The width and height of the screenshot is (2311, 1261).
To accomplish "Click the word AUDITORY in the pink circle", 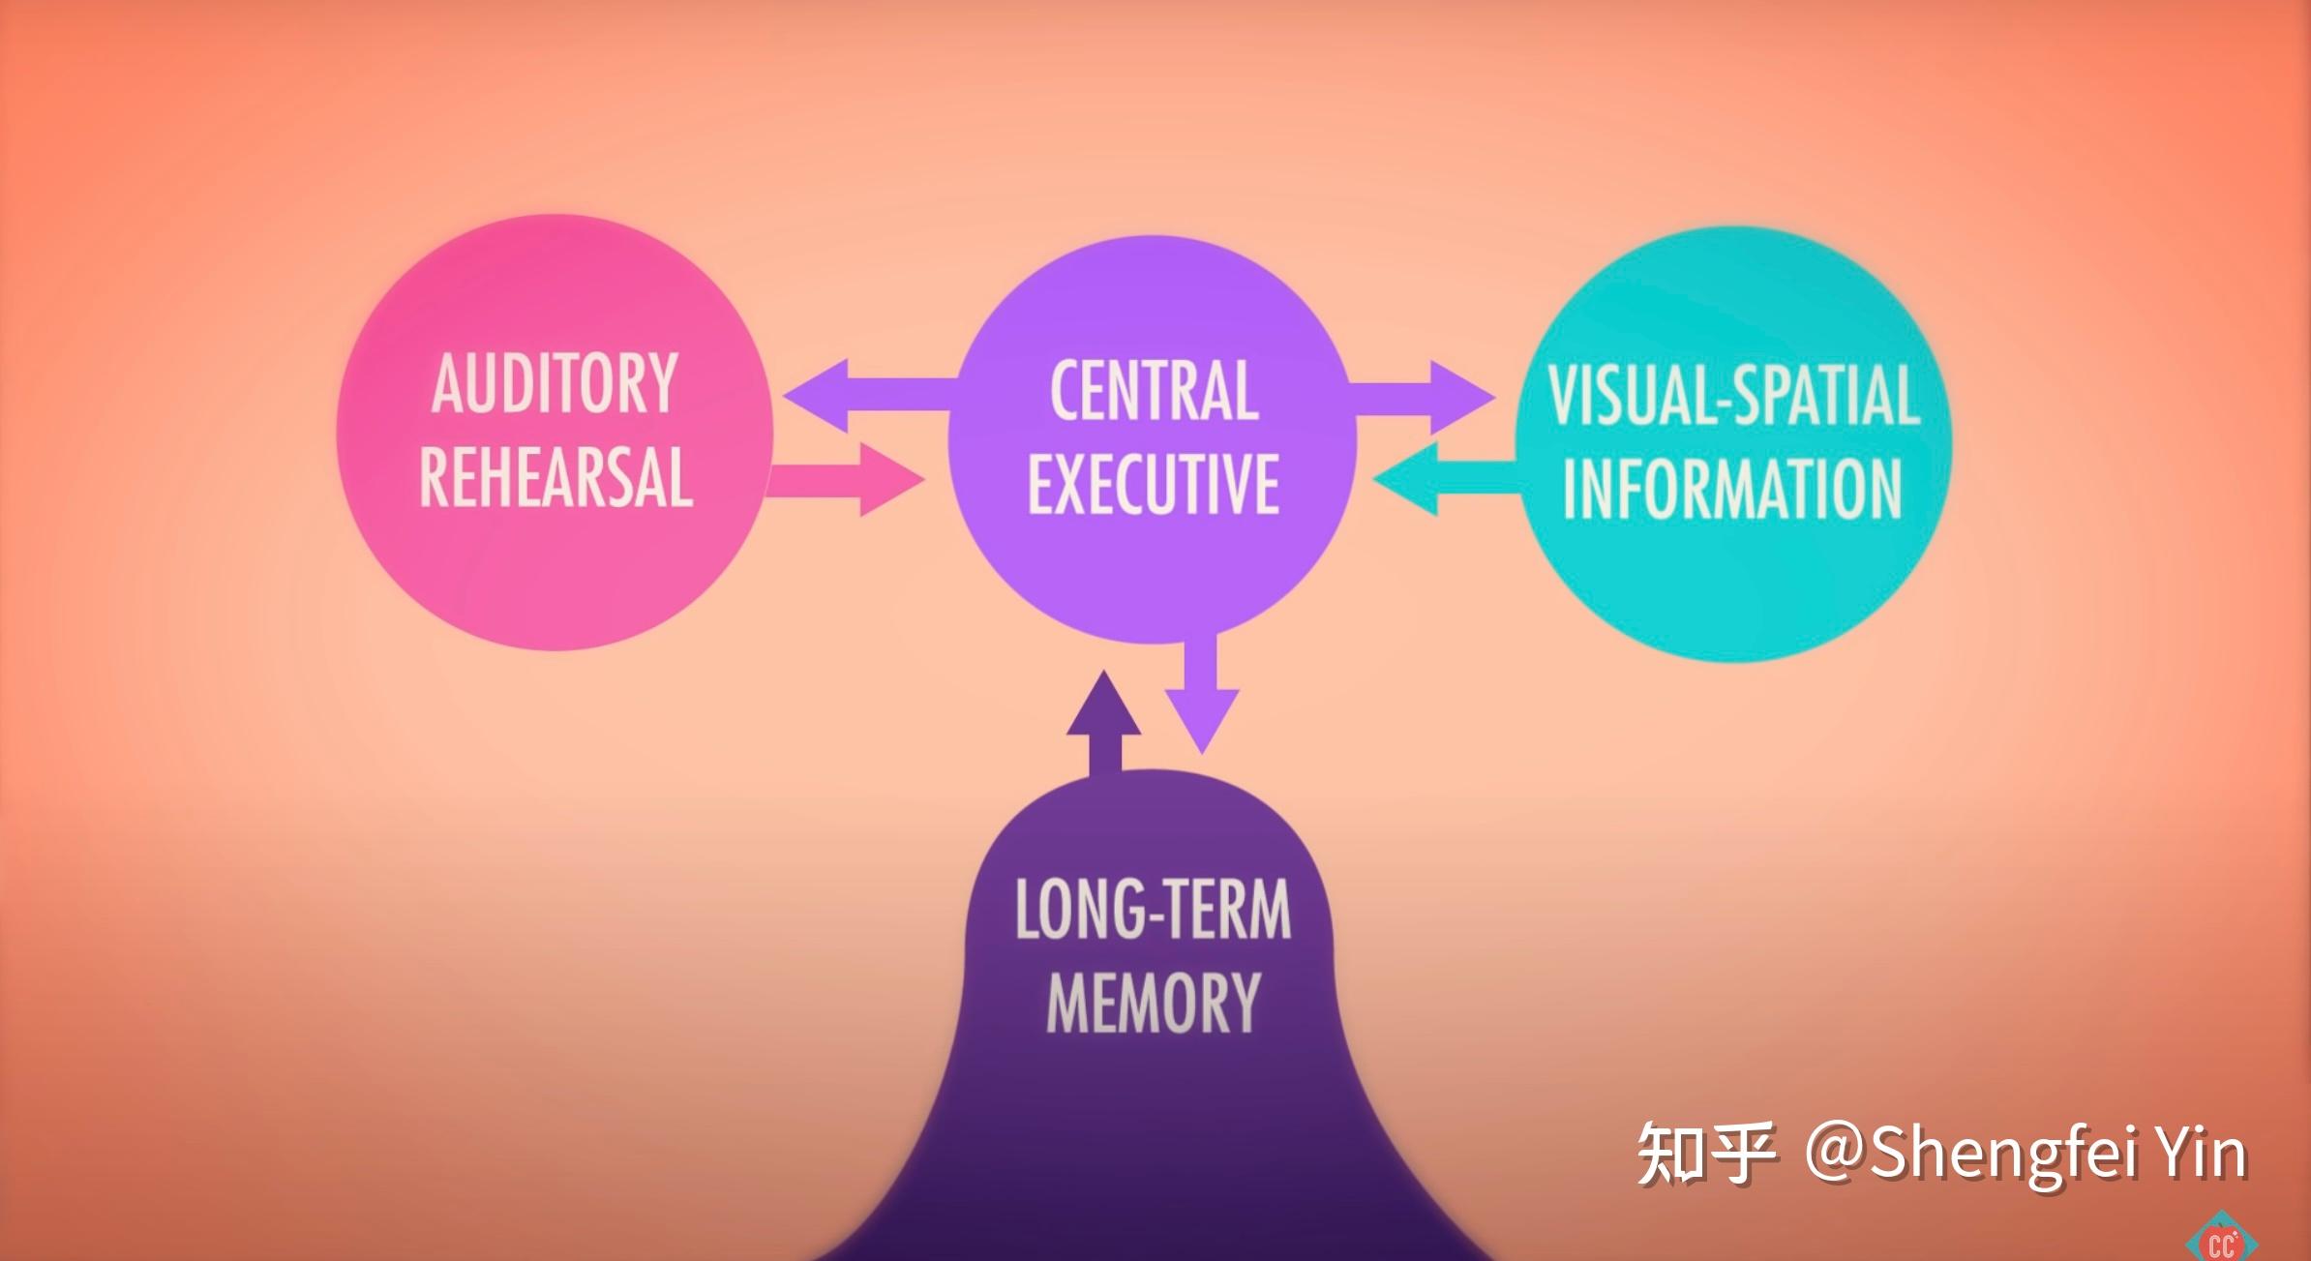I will point(555,384).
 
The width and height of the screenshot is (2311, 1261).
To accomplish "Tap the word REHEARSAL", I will point(555,477).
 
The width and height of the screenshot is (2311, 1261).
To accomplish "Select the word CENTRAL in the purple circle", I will point(1154,391).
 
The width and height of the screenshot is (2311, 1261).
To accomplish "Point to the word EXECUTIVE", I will point(1154,483).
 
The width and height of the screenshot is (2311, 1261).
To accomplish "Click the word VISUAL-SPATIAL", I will point(1733,395).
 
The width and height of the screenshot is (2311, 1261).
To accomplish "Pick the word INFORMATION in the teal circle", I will point(1732,489).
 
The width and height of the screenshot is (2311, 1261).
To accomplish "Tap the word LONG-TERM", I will point(1153,910).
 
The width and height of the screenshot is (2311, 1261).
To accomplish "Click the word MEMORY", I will point(1153,1003).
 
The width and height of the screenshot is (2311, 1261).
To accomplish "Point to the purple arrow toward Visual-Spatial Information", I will point(1423,397).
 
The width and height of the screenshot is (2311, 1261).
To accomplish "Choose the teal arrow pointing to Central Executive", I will point(1442,479).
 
